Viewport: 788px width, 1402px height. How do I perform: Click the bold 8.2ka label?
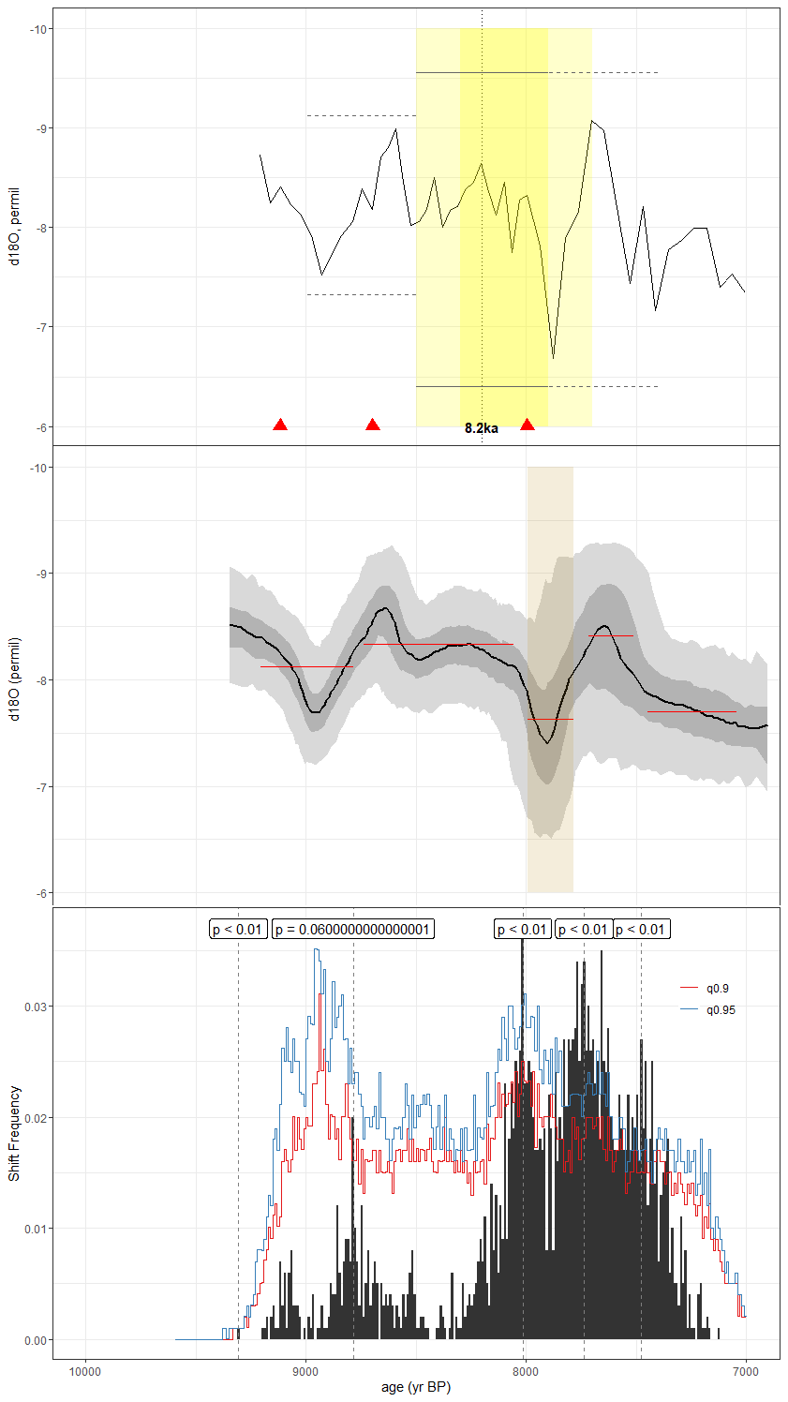[x=481, y=428]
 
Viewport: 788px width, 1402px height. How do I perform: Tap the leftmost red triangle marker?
[x=279, y=425]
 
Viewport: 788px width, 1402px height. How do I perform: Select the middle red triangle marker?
[x=373, y=425]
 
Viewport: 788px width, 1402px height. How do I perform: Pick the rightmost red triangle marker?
[x=528, y=425]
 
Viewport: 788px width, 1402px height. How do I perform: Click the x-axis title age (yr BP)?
[x=416, y=1388]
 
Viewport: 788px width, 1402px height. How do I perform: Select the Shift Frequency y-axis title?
[x=14, y=1133]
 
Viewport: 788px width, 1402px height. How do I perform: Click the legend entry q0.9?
[x=718, y=989]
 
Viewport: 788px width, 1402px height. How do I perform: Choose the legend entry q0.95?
[x=721, y=1010]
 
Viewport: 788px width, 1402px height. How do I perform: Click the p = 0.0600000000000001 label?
[x=352, y=930]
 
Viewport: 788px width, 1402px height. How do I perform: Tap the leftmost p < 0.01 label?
[x=237, y=930]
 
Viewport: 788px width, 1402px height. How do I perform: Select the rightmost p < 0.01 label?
[x=641, y=930]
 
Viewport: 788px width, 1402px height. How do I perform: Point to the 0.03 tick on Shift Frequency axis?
[x=36, y=1007]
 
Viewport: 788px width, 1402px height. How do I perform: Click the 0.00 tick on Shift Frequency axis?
[x=36, y=1340]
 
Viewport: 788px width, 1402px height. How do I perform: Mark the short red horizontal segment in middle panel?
[x=611, y=636]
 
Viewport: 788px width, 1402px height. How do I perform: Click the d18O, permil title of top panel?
[x=14, y=227]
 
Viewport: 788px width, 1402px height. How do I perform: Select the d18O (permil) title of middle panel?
[x=14, y=679]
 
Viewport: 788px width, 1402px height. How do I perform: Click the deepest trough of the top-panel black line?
[x=553, y=358]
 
